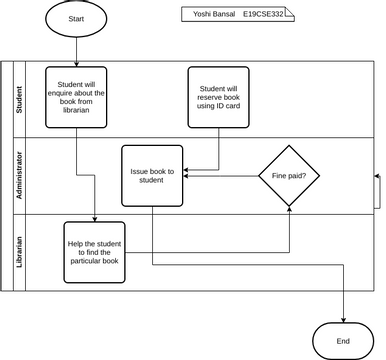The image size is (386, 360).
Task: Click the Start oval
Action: [x=77, y=19]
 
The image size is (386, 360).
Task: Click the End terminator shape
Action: [x=343, y=341]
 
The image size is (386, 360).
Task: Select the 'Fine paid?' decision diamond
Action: [x=289, y=176]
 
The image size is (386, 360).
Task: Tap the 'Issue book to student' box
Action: [x=152, y=176]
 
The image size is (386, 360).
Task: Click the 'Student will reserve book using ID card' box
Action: [x=218, y=97]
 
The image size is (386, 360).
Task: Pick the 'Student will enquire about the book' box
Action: [x=76, y=97]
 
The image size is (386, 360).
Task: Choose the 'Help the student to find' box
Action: [x=95, y=251]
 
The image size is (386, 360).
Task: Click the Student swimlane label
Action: [x=18, y=100]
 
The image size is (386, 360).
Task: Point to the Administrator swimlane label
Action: [x=18, y=176]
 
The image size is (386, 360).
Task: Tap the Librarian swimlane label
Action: [x=18, y=251]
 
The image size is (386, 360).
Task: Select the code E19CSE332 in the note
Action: [x=263, y=15]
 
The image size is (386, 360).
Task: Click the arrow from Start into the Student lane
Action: [x=77, y=50]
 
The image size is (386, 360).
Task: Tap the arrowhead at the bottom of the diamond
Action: [x=289, y=210]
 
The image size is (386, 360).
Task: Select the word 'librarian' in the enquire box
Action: [x=76, y=110]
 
